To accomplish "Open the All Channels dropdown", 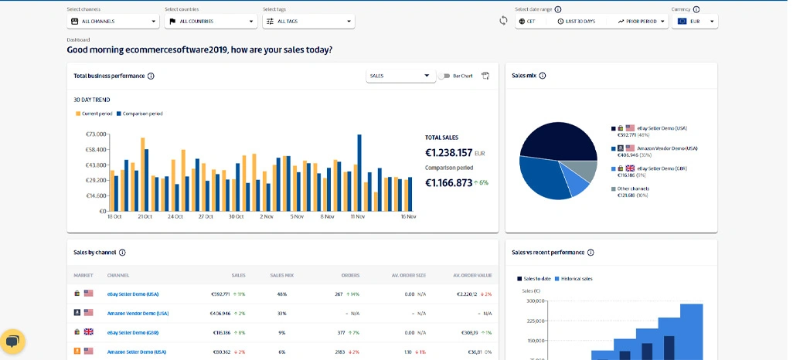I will pyautogui.click(x=113, y=22).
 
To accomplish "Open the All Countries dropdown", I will pyautogui.click(x=210, y=22).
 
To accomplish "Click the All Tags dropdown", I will pyautogui.click(x=308, y=22).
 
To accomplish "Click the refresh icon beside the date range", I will pyautogui.click(x=503, y=21).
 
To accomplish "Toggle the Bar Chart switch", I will pyautogui.click(x=444, y=76).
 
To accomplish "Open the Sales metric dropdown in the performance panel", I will pyautogui.click(x=400, y=76).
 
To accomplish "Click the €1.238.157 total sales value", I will pyautogui.click(x=448, y=153).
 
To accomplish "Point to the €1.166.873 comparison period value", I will pyautogui.click(x=448, y=183).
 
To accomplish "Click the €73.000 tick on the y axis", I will pyautogui.click(x=96, y=134).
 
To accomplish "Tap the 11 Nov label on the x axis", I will pyautogui.click(x=357, y=217).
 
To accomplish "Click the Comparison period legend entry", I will pyautogui.click(x=140, y=114).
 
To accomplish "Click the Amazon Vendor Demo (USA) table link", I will pyautogui.click(x=138, y=314).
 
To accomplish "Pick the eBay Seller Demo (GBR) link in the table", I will pyautogui.click(x=137, y=333).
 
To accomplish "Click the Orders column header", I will pyautogui.click(x=350, y=275).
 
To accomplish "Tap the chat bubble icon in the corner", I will pyautogui.click(x=12, y=341).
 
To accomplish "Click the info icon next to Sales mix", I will pyautogui.click(x=543, y=76).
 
